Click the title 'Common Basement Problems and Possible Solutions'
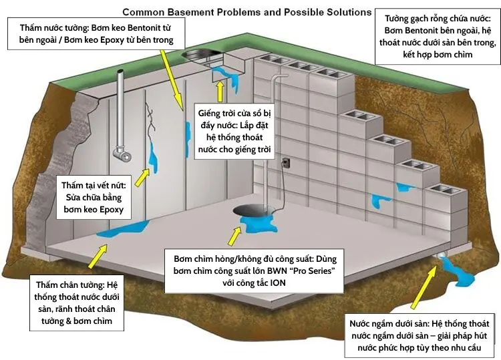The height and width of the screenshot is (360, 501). (246, 12)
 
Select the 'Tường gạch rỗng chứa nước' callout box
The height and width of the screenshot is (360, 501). (438, 37)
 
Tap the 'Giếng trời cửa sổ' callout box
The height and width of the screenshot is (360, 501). (235, 130)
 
